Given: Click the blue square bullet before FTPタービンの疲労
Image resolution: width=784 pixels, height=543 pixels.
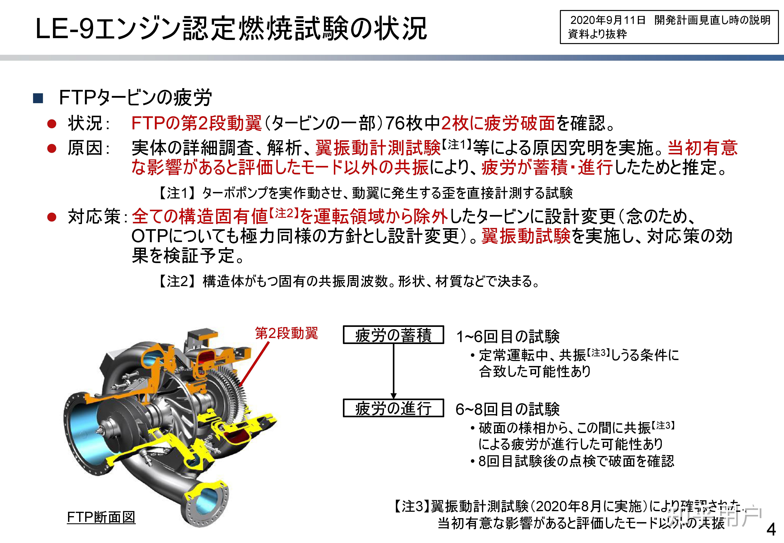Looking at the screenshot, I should point(38,98).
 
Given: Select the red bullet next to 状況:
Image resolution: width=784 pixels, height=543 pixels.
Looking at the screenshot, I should point(52,123).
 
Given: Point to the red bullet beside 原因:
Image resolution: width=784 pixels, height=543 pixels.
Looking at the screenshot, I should point(52,148).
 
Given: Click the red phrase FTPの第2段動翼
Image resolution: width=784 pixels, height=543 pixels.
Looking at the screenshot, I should point(196,123).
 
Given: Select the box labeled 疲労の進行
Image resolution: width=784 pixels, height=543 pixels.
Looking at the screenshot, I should point(393,408).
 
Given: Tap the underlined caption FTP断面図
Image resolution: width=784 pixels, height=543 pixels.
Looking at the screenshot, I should point(101,517).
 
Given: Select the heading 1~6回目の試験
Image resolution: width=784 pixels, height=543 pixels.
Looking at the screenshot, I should point(508,337).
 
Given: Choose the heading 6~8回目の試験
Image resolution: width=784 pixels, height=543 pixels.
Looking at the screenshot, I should point(508,409).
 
